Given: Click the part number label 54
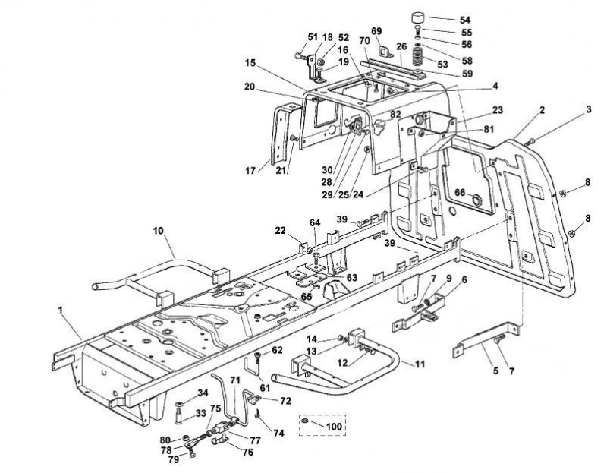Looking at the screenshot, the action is tap(465, 20).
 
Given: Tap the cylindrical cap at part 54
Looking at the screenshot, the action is tap(417, 17).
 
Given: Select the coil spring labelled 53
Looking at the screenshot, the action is tap(419, 55).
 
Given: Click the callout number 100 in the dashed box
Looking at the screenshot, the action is tap(334, 427).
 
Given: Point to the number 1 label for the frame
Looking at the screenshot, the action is tap(60, 310).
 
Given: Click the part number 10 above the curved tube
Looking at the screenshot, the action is tap(159, 231).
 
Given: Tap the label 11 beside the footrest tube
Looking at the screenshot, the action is tap(420, 364).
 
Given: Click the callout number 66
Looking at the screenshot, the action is tap(460, 193).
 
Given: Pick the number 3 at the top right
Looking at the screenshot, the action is tap(589, 109).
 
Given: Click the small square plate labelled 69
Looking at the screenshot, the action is tap(385, 52).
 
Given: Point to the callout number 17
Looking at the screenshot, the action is tap(250, 170).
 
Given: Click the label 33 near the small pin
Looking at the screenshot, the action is tap(200, 413).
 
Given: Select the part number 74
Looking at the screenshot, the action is tap(278, 433).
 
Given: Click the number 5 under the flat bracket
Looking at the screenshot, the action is tap(495, 371).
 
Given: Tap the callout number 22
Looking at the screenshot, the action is tap(280, 231).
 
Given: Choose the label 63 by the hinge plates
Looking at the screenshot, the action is tap(352, 278).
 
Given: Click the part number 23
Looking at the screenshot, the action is tap(497, 110).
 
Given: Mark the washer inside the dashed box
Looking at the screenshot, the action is tap(305, 421).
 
